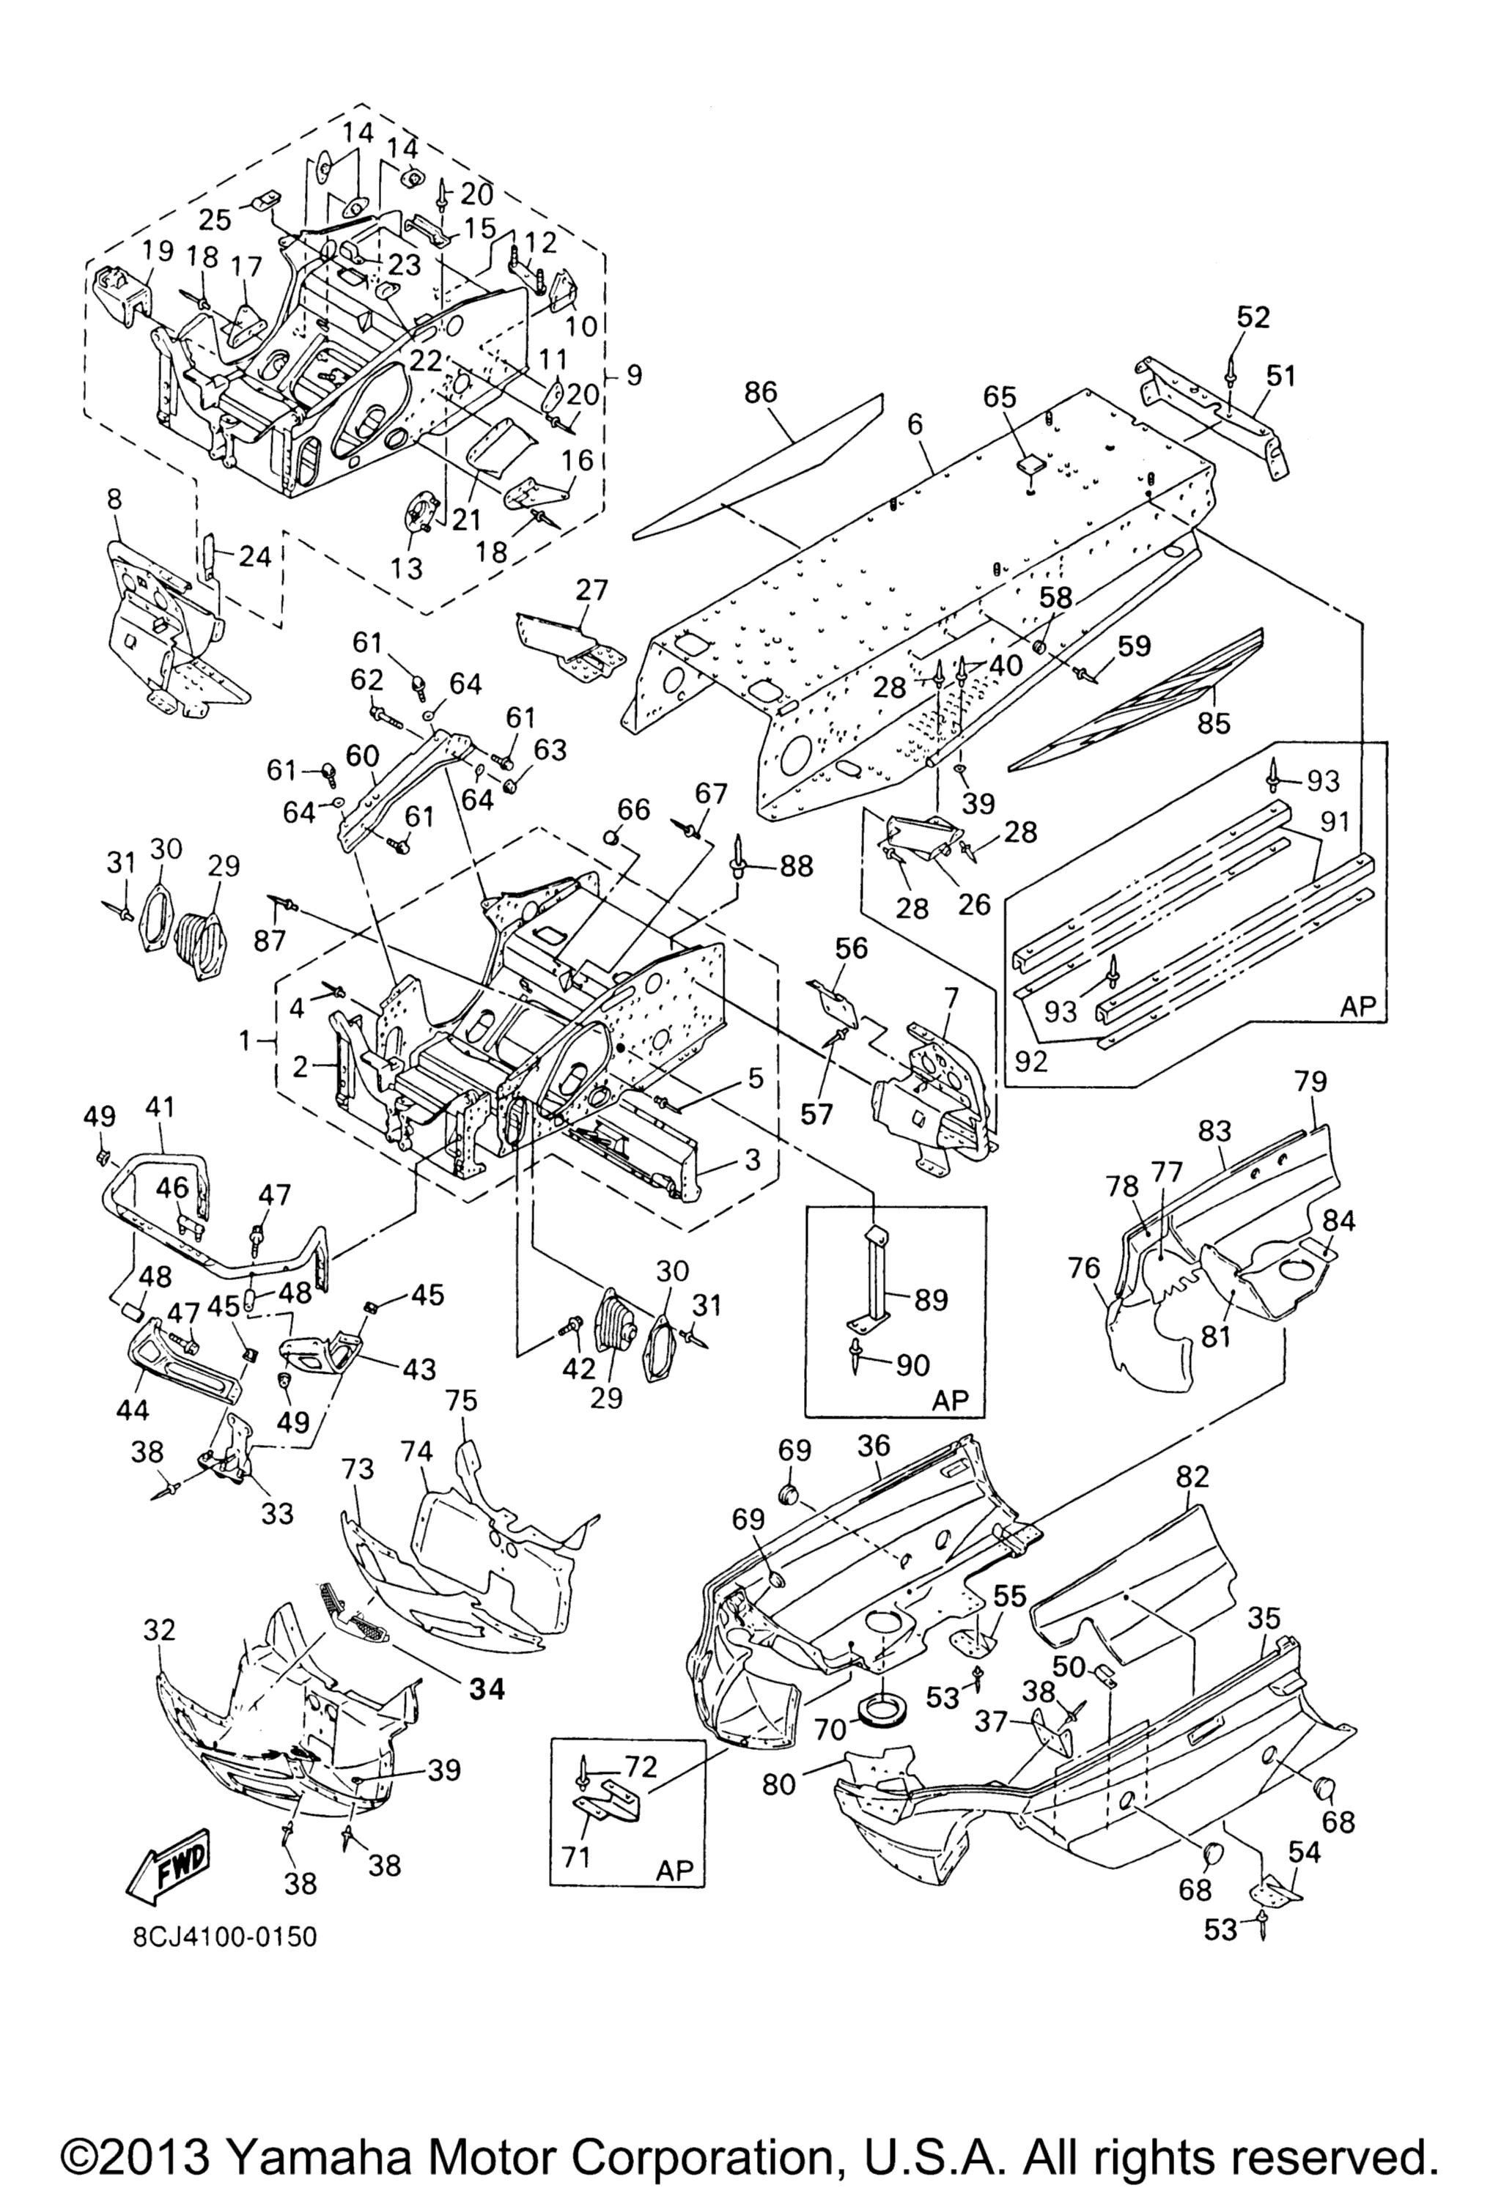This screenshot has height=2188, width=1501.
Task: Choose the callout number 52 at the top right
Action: pyautogui.click(x=1253, y=317)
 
